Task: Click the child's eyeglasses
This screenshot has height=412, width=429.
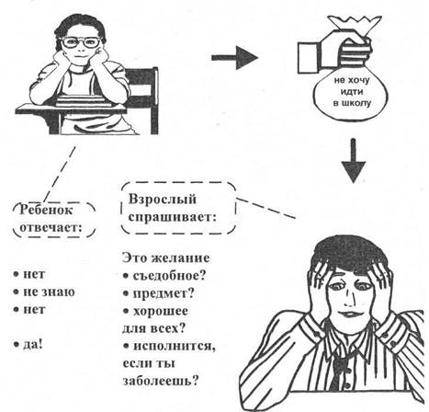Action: [81, 42]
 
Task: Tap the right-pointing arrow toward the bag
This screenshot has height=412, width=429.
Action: [235, 57]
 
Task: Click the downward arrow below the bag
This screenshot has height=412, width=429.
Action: [354, 161]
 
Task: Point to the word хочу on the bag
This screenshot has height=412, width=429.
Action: [359, 81]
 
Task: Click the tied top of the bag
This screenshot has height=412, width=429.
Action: [355, 24]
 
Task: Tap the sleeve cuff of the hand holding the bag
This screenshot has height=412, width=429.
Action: [309, 58]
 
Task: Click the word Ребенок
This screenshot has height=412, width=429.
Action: [46, 210]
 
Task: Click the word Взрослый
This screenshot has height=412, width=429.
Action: [163, 200]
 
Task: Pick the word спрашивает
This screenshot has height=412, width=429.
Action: [173, 217]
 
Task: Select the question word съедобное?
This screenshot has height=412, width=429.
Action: [169, 276]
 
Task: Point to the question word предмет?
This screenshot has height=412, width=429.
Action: [164, 293]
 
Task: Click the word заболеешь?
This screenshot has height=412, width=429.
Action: [161, 381]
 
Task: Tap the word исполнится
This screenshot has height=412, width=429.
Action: [175, 347]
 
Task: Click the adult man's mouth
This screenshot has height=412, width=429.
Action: [347, 315]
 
